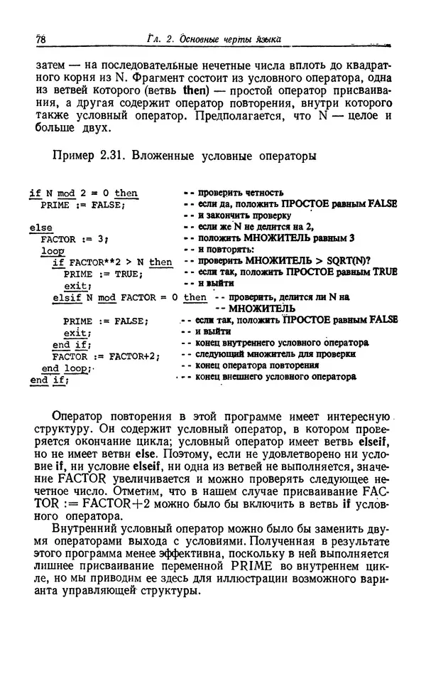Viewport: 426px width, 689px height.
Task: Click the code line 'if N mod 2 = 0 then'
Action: [x=84, y=193]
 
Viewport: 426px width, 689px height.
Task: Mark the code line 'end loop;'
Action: [x=65, y=368]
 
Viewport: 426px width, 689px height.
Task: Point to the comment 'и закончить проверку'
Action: [x=244, y=215]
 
